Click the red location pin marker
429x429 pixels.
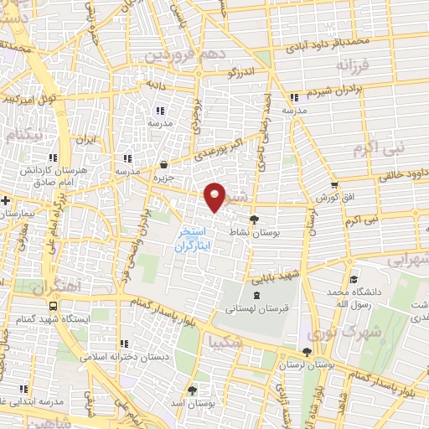click(216, 195)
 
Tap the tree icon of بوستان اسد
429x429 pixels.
click(192, 390)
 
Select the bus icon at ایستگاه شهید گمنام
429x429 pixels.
click(54, 307)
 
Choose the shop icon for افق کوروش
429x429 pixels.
click(333, 185)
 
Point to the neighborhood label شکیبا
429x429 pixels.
click(227, 343)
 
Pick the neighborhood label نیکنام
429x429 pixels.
click(22, 134)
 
